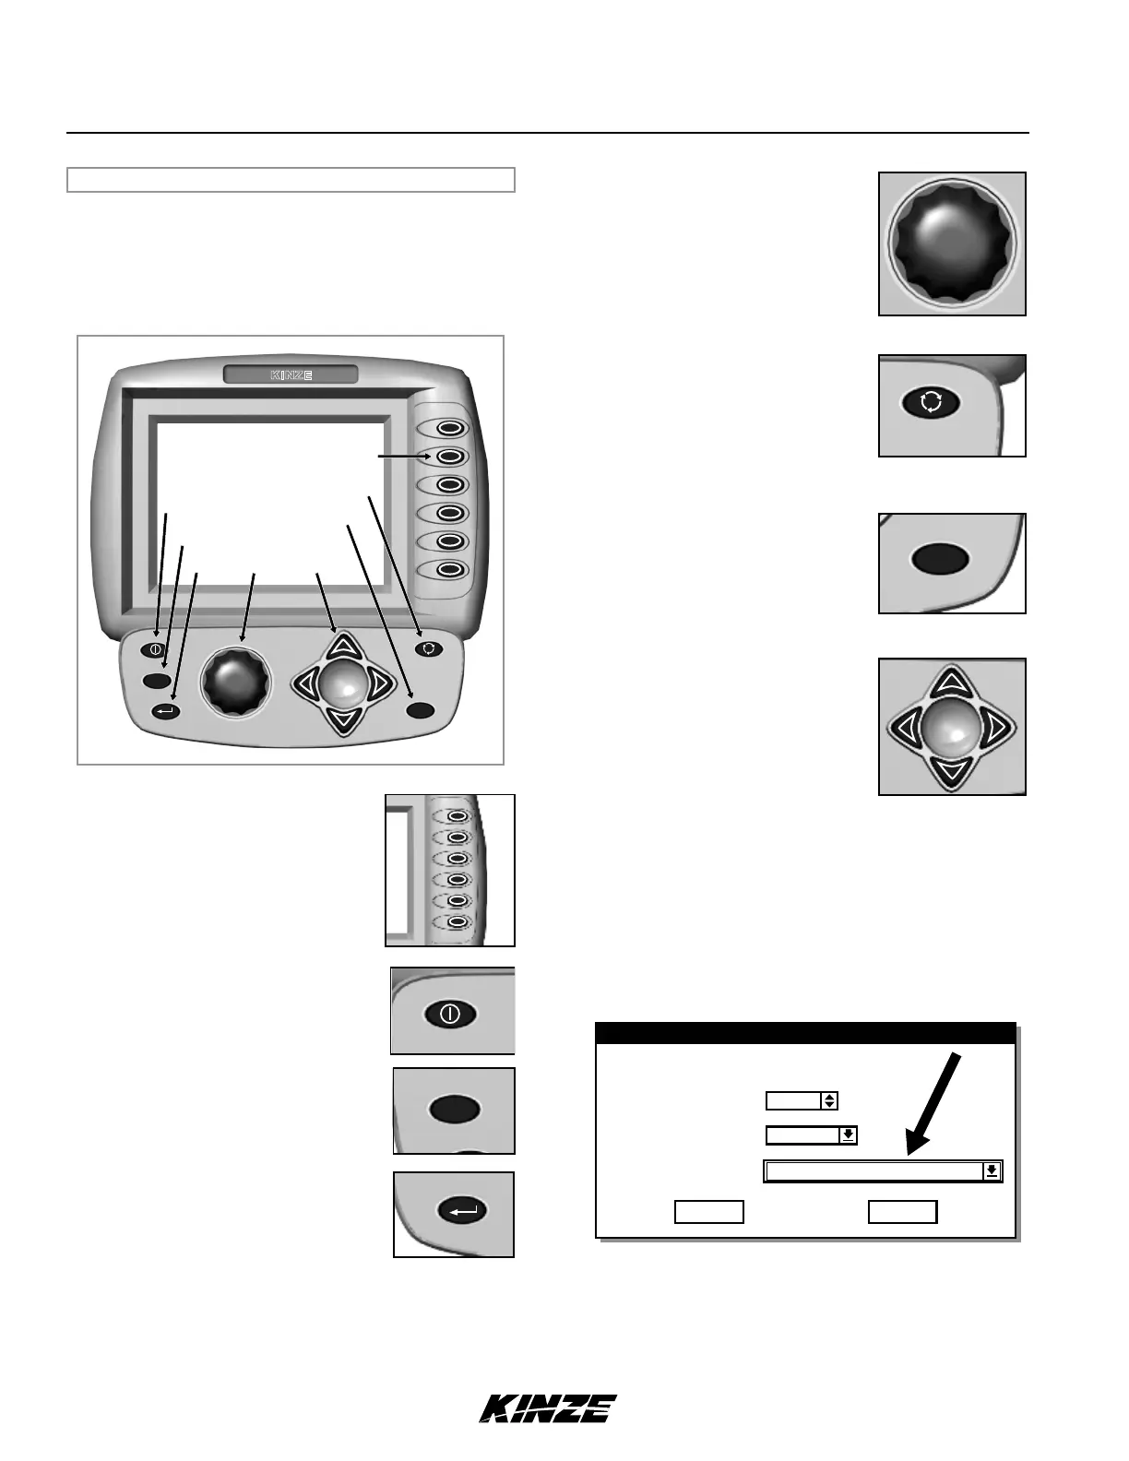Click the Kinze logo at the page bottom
(x=548, y=1408)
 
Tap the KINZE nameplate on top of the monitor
(x=291, y=374)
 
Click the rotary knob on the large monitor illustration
(x=238, y=682)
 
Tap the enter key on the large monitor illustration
(x=167, y=711)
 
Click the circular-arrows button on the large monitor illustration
(x=429, y=648)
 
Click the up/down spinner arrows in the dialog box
(x=829, y=1100)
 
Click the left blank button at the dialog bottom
(x=708, y=1212)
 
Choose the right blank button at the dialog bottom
(x=902, y=1212)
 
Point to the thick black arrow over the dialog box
(x=936, y=1102)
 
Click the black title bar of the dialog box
(x=805, y=1033)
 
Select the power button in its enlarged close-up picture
(x=450, y=1014)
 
